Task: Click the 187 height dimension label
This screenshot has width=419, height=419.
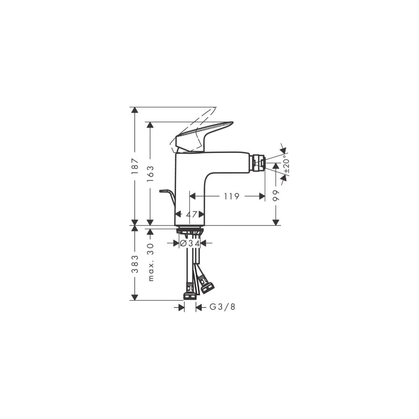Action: (135, 166)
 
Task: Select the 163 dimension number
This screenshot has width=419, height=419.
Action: (150, 174)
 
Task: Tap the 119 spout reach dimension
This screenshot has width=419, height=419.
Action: (231, 197)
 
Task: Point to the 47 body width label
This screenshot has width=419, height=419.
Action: (191, 214)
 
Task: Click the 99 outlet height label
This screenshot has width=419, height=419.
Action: (276, 195)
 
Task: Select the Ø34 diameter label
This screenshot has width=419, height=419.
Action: (190, 243)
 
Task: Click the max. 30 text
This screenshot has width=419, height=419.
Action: (151, 262)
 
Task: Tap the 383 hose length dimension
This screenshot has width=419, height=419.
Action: (135, 264)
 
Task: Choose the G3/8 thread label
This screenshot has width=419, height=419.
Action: (222, 307)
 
